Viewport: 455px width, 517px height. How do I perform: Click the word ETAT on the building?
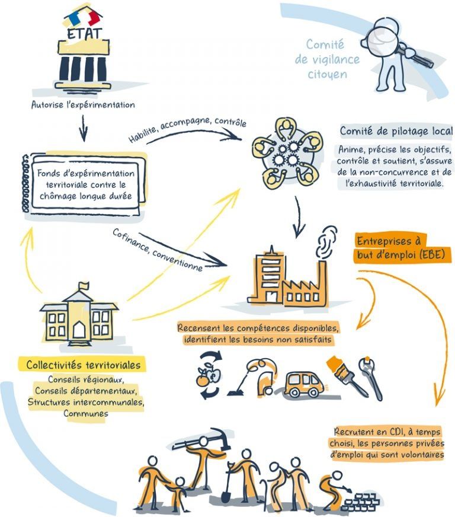coord(84,33)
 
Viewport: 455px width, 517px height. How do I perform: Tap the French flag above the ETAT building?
coord(83,18)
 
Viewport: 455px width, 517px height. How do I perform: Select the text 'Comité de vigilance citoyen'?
coord(327,59)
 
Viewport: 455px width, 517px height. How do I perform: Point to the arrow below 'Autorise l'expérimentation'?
coord(84,128)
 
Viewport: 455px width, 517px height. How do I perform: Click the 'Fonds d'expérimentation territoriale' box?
coord(85,184)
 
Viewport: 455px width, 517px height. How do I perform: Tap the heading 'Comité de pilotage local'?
coord(396,131)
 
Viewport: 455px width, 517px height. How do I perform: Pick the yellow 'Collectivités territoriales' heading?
coord(83,365)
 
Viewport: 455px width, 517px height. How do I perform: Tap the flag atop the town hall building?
coord(84,286)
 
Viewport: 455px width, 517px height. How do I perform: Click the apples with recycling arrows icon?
coord(208,375)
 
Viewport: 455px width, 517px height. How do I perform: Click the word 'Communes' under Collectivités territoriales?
coord(86,413)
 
